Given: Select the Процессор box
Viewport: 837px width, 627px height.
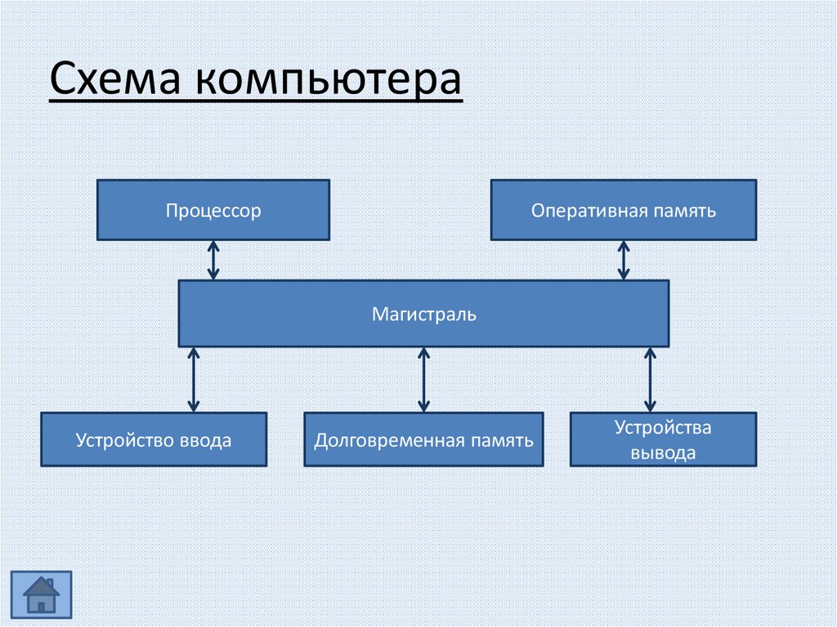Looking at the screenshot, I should (x=213, y=210).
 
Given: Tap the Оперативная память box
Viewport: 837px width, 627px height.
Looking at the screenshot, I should (x=623, y=210).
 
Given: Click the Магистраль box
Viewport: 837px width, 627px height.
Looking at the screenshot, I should (x=423, y=313).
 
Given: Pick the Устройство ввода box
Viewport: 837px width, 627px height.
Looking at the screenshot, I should (x=154, y=440).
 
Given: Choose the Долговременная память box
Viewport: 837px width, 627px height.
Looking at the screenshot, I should (x=423, y=440).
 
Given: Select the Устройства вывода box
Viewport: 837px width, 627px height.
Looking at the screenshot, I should (x=663, y=440).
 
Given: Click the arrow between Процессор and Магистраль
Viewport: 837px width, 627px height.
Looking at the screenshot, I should (x=213, y=260).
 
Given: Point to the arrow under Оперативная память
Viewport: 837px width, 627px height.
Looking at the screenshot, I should (x=624, y=260).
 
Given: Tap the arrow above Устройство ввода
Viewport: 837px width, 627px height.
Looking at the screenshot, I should (x=194, y=379).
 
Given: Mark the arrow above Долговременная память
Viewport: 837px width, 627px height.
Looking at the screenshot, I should (x=423, y=379).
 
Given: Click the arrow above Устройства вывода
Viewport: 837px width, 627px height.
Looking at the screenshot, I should (x=650, y=379).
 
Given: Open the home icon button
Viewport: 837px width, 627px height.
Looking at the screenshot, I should (x=41, y=594).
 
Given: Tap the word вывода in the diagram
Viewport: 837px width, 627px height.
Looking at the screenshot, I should (x=663, y=453).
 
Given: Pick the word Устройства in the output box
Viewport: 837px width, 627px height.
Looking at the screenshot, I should (x=663, y=428).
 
